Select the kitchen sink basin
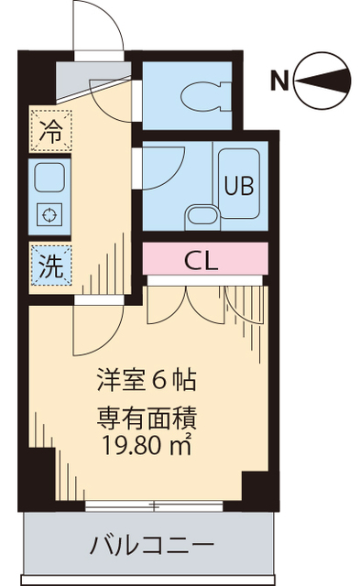(x=47, y=175)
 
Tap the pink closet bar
(x=204, y=258)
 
